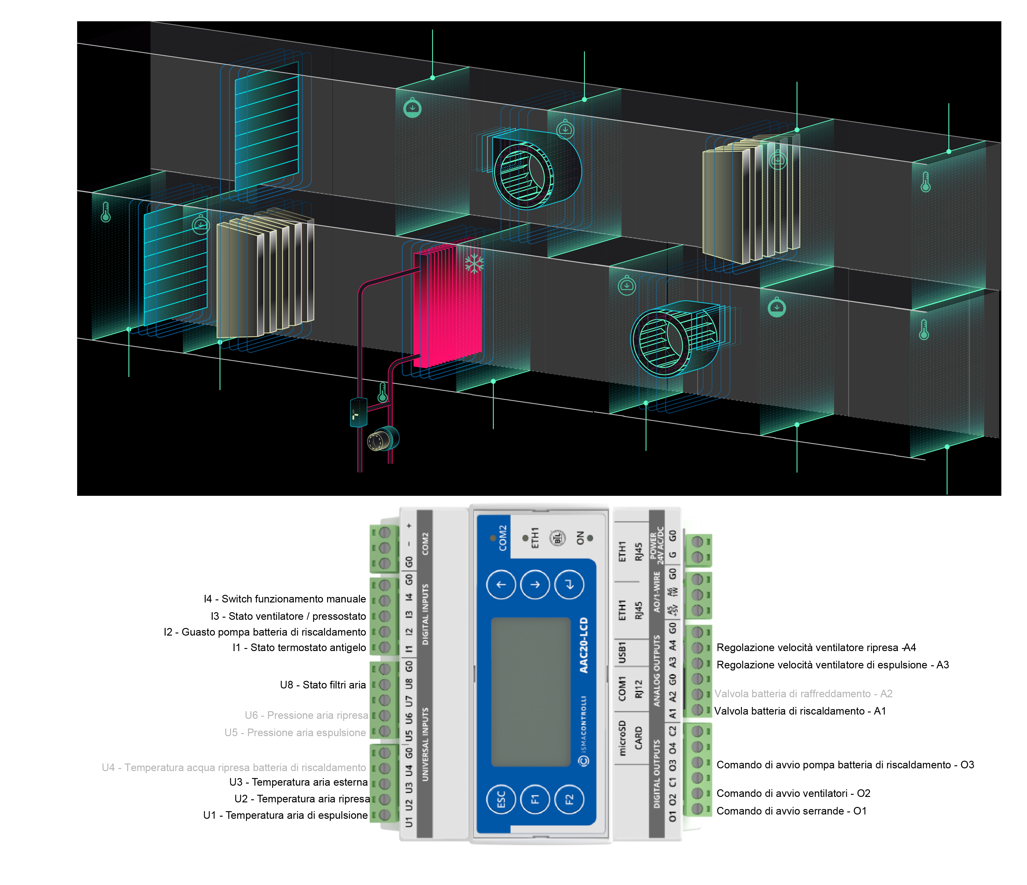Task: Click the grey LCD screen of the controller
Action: (x=530, y=692)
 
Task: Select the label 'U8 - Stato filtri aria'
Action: (x=323, y=685)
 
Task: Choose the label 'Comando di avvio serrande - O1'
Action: (x=791, y=811)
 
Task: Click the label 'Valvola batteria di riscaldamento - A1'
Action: (x=800, y=711)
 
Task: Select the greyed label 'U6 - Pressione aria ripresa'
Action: (x=306, y=715)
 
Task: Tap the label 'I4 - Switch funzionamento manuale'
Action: (x=285, y=599)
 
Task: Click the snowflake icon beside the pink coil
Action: (x=474, y=263)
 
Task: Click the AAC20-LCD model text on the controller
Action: (x=584, y=645)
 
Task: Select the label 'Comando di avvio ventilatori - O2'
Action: (x=793, y=793)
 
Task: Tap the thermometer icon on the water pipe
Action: (x=382, y=392)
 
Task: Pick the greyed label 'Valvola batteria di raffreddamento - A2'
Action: (x=803, y=694)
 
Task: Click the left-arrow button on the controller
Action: (x=501, y=585)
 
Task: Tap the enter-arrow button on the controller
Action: (x=569, y=585)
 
